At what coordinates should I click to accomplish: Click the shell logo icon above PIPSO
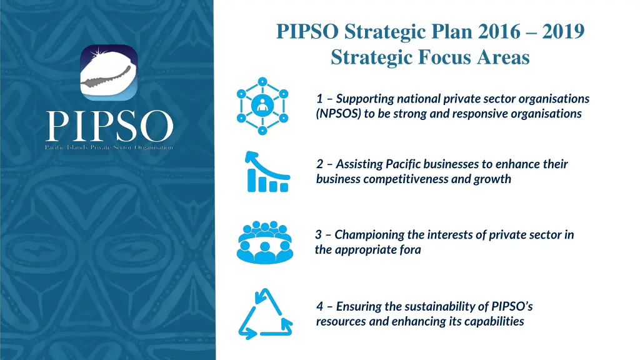point(109,72)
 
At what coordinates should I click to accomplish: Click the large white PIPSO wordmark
point(109,126)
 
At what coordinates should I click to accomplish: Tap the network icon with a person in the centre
point(262,106)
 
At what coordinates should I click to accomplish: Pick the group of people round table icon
point(265,242)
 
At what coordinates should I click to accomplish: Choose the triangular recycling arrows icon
point(265,314)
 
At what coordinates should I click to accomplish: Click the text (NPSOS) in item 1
point(337,114)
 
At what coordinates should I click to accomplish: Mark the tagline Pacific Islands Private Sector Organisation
point(109,147)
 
